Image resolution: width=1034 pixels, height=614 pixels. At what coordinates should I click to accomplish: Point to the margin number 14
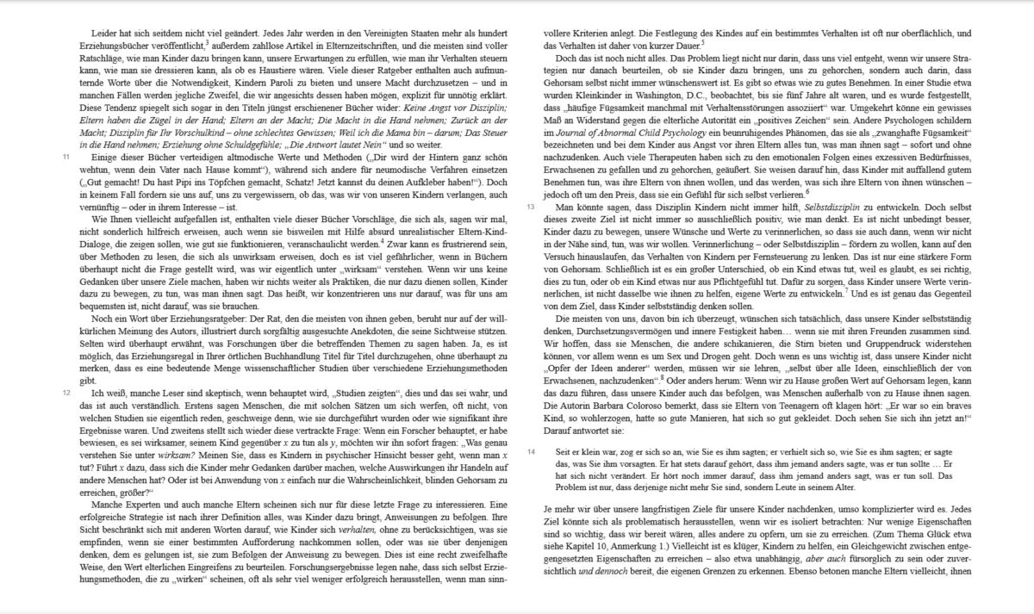pyautogui.click(x=531, y=450)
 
